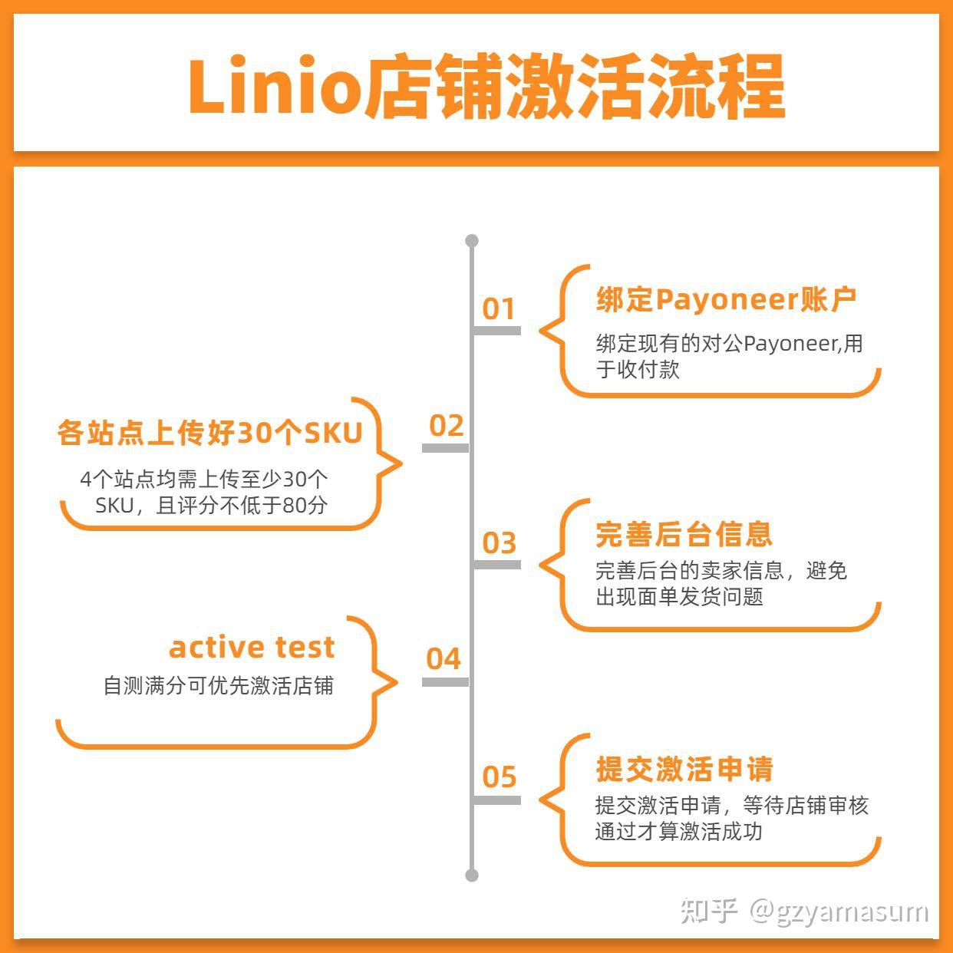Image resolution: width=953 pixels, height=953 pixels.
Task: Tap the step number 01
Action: (499, 308)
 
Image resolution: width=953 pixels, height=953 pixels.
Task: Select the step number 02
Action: (446, 425)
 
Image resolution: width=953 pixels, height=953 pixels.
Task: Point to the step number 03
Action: (499, 542)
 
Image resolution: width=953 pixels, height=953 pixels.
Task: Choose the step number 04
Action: (444, 658)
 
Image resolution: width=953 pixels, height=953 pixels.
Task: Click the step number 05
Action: (499, 777)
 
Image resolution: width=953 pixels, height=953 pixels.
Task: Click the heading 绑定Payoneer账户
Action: (726, 299)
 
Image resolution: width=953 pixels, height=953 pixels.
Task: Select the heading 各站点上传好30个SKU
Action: (209, 434)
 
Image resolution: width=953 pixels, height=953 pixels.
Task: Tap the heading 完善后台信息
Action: (684, 534)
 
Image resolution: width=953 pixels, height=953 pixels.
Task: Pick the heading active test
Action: (252, 647)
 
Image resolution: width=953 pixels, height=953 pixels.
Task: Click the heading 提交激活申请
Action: (684, 769)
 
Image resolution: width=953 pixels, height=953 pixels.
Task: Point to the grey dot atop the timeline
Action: (472, 241)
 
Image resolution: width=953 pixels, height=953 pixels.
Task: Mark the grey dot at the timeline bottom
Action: (472, 875)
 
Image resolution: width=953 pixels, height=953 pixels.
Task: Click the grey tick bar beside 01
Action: (497, 331)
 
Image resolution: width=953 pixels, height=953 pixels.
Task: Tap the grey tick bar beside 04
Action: (446, 681)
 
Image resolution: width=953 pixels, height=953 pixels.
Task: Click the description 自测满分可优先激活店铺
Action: (218, 685)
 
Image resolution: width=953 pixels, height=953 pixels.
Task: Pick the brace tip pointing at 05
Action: (542, 799)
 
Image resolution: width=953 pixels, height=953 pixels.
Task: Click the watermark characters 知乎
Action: (710, 911)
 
